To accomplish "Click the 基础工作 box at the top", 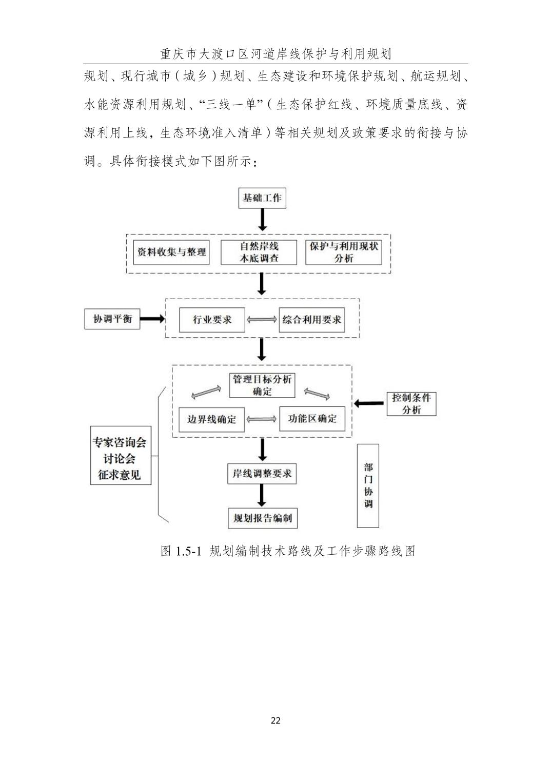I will coord(262,198).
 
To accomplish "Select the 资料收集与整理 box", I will coord(171,252).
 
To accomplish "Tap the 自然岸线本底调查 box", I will coord(259,252).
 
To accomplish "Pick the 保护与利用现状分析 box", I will coord(343,252).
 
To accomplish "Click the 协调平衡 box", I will coord(112,319).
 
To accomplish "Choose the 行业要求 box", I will coord(212,320).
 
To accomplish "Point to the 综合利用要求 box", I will coord(311,320).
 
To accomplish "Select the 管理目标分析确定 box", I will coord(262,385).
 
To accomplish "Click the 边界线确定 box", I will coord(211,419).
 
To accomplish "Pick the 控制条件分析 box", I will coord(411,403).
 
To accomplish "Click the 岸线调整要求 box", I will coord(262,473).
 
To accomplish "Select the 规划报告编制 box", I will coord(262,518).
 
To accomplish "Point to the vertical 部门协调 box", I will coord(368,485).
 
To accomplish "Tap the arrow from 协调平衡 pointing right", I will coord(152,319).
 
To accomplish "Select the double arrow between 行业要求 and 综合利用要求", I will coord(262,320).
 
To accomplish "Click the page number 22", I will coord(275,720).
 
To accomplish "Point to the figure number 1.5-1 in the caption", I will coord(188,551).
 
